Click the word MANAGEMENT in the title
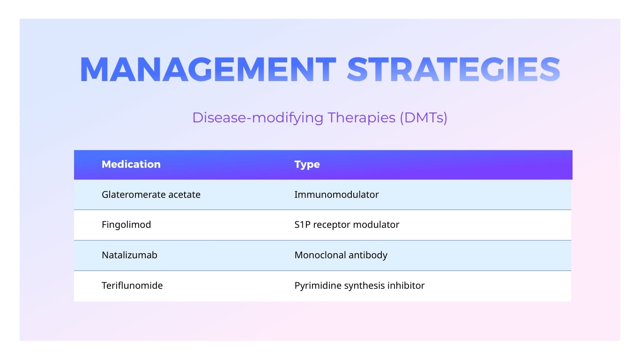208,70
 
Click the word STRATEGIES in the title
454,70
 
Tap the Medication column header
131,165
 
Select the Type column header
307,165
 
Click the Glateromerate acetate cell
151,195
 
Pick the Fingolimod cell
126,225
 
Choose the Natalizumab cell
129,255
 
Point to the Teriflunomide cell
132,285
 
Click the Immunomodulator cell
336,195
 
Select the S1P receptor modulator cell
347,225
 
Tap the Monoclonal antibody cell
341,255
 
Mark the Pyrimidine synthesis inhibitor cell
359,285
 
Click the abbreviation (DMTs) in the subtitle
423,118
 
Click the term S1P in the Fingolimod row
302,225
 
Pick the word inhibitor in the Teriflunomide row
406,285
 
